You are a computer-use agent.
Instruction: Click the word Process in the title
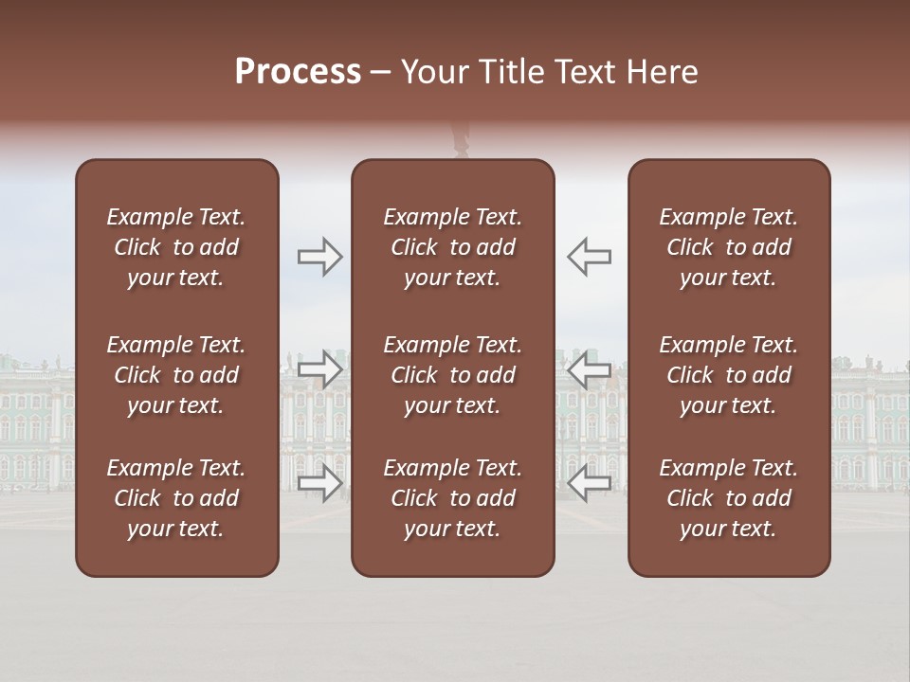pos(298,72)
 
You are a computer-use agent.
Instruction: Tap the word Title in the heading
pos(511,72)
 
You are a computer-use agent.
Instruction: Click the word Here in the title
pos(663,72)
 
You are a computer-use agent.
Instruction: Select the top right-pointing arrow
pos(320,257)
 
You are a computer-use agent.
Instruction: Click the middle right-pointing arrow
pos(320,368)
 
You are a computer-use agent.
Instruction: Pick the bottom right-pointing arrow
pos(320,482)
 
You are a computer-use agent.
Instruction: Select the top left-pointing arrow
pos(590,257)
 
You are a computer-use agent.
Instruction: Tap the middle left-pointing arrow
pos(590,368)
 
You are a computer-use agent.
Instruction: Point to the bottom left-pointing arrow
pos(590,482)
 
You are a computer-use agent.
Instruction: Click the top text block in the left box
pos(176,247)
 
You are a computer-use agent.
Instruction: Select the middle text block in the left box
pos(176,375)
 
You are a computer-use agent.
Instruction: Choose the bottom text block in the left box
pos(176,498)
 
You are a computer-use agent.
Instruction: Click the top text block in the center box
pos(453,247)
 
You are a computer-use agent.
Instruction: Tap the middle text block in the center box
pos(453,375)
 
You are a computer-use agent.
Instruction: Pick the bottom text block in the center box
pos(453,498)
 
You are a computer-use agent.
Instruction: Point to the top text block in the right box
pos(729,247)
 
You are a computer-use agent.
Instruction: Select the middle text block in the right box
pos(729,375)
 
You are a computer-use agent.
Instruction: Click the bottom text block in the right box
pos(729,498)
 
